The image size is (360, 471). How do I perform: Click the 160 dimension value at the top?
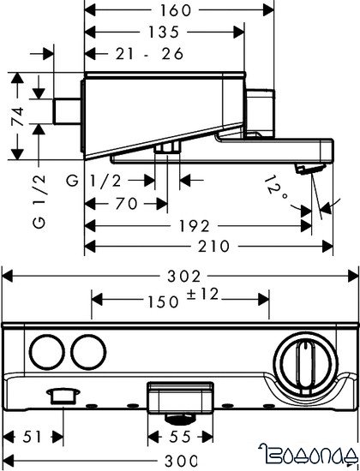[x=176, y=10]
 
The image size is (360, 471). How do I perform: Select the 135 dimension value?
[x=164, y=33]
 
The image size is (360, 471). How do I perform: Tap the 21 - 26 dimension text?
[x=149, y=54]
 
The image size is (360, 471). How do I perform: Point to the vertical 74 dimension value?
[x=17, y=116]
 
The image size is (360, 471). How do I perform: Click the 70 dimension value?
[x=126, y=204]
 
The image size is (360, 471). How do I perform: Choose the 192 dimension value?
[x=195, y=226]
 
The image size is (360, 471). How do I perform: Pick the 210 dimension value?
[x=213, y=247]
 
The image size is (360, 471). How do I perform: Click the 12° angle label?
[x=276, y=189]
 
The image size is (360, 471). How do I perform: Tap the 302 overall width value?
[x=183, y=276]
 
